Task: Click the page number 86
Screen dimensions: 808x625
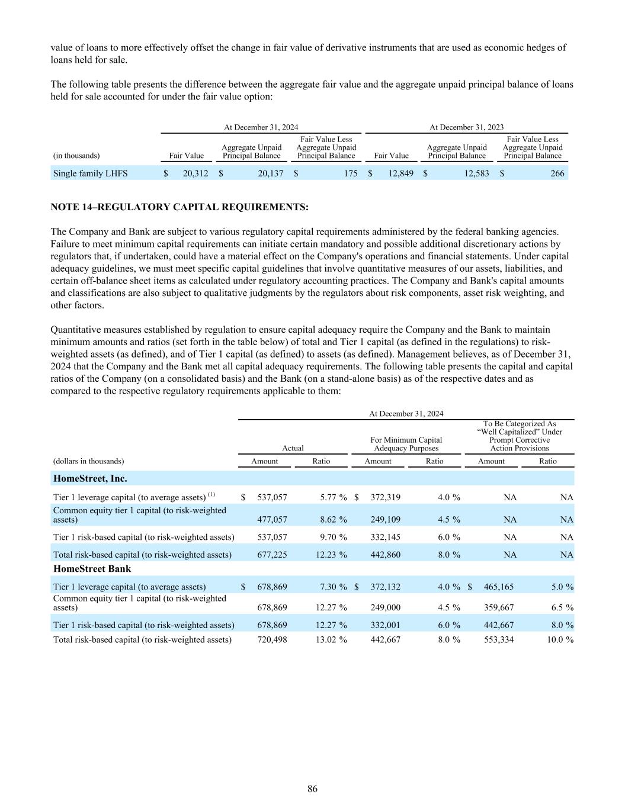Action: coord(312,788)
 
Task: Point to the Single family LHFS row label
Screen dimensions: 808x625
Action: coord(90,173)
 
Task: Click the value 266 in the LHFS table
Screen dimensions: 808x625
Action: coord(557,173)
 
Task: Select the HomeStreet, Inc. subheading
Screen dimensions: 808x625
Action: coord(90,478)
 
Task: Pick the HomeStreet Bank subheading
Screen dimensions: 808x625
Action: coord(92,568)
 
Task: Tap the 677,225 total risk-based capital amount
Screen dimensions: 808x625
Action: coord(272,555)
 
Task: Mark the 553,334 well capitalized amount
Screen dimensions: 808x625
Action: coord(499,639)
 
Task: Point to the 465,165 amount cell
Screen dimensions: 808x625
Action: coord(499,587)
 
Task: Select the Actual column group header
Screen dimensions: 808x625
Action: coord(293,448)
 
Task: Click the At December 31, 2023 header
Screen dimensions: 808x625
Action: coord(466,127)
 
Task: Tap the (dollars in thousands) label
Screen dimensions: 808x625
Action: coord(88,461)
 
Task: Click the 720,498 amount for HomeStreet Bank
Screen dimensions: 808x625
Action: coord(272,639)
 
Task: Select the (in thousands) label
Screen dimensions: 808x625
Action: coord(76,156)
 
